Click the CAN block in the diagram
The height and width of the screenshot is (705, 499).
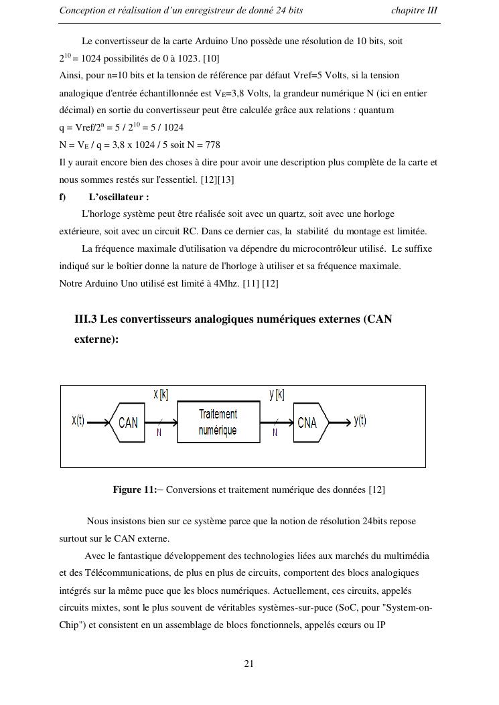tap(127, 422)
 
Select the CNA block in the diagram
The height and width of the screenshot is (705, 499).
tap(309, 422)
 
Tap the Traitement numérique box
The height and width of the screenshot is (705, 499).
tap(218, 422)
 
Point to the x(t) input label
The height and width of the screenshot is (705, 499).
tap(78, 420)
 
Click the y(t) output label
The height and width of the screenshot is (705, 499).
tap(360, 420)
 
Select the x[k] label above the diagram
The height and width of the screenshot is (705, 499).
tap(161, 395)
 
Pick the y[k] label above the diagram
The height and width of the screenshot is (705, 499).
tap(277, 395)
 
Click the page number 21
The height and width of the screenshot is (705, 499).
tap(249, 664)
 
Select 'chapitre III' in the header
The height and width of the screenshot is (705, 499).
tap(414, 11)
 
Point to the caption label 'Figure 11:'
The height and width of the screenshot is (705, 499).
tap(134, 490)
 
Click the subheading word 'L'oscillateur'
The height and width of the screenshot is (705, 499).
tap(119, 197)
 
